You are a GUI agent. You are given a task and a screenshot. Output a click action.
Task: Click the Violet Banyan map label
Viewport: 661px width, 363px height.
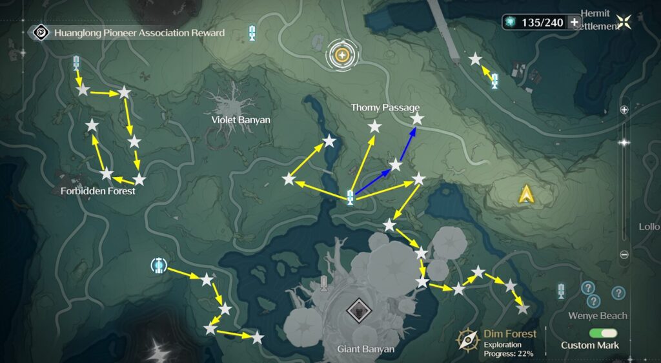(241, 120)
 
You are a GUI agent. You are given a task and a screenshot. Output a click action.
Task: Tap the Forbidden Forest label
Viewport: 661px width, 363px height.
(98, 191)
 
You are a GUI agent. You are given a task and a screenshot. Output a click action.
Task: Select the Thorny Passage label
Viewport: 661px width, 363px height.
(385, 108)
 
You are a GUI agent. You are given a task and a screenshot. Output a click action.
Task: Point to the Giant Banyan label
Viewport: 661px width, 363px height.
(365, 349)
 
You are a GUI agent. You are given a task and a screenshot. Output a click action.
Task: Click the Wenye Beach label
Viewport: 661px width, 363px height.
(597, 316)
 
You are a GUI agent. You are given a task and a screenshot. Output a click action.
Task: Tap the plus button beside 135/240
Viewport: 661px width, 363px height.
(574, 22)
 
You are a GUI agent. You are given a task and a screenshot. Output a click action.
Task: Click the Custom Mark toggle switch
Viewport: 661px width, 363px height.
(603, 333)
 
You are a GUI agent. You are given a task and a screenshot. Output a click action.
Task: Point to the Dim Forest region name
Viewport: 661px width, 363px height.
(510, 334)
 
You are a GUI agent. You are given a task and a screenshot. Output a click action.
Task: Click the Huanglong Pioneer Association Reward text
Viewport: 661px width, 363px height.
(139, 33)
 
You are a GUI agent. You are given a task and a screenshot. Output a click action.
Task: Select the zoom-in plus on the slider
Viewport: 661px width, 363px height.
(624, 110)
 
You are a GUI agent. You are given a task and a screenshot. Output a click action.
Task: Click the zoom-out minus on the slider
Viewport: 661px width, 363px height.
(624, 254)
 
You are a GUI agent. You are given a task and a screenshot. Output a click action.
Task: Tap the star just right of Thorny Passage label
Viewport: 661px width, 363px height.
(417, 119)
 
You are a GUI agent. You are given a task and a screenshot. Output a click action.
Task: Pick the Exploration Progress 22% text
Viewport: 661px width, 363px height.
(508, 349)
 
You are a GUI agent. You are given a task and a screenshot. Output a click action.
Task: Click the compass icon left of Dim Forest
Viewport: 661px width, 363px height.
(467, 340)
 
